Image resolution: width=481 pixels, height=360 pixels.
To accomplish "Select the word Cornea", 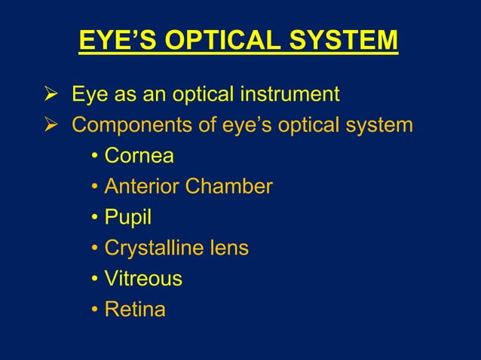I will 139,156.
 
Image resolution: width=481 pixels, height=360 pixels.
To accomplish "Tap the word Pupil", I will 127,218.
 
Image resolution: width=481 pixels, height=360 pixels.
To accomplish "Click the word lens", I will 229,248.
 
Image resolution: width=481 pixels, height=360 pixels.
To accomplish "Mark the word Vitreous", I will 143,279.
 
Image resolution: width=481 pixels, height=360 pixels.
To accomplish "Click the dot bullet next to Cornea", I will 95,157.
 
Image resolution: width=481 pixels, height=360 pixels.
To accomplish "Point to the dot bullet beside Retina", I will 95,310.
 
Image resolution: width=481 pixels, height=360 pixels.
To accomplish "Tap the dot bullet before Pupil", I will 95,218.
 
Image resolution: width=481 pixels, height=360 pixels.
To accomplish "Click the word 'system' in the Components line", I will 376,125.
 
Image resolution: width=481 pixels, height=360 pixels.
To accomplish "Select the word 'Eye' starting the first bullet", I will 87,96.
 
